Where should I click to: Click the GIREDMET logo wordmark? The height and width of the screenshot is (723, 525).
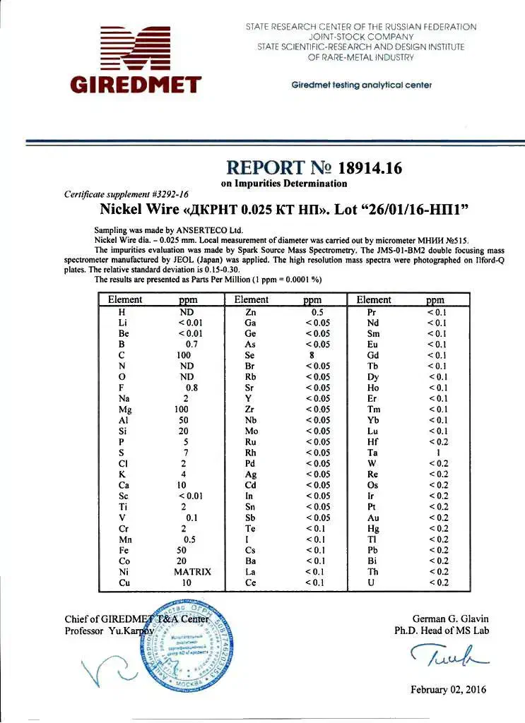tap(136, 85)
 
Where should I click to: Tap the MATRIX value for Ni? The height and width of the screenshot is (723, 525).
tap(192, 572)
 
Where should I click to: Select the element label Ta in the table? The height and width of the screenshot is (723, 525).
tap(372, 453)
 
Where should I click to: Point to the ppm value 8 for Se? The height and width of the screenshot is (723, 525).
tap(311, 355)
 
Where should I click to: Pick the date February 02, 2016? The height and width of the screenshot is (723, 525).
tap(449, 690)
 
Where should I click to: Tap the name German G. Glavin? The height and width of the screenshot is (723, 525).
tap(450, 619)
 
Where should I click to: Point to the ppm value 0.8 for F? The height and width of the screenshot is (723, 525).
tap(191, 388)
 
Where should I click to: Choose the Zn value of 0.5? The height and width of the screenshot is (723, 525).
tap(317, 312)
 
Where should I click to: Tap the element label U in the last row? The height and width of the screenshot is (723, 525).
tap(372, 583)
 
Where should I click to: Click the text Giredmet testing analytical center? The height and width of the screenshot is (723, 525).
tap(361, 85)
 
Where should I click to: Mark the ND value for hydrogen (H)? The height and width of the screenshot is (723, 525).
tap(187, 312)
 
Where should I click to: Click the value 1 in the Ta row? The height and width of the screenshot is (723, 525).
tap(438, 453)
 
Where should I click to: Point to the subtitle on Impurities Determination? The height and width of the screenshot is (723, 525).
tap(284, 184)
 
